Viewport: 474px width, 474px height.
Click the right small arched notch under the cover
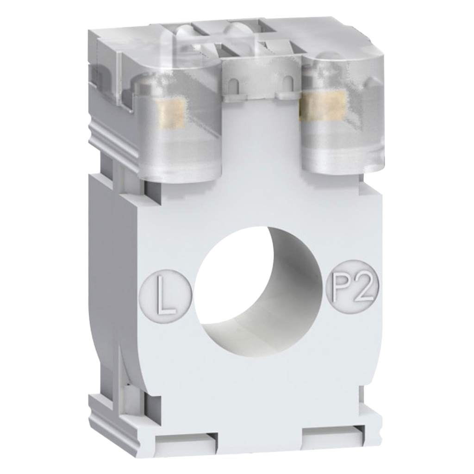[x=289, y=82]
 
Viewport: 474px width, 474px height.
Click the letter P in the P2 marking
[x=343, y=288]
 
